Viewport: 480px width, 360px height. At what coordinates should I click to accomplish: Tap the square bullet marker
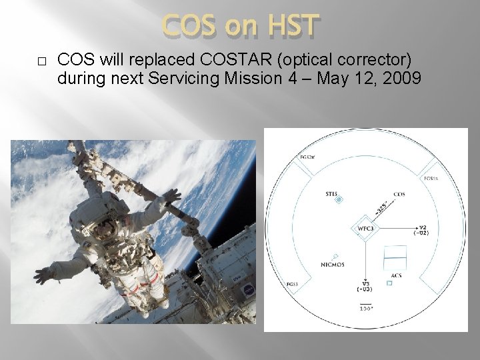pos(41,61)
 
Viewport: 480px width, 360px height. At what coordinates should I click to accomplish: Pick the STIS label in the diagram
pos(332,194)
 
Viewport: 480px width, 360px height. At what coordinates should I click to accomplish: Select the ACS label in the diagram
pos(395,275)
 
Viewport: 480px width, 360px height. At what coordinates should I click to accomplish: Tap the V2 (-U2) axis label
pos(421,229)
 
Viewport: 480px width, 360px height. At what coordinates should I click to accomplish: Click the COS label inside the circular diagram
pos(399,194)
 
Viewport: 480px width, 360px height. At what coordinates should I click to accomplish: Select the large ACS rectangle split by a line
pos(395,256)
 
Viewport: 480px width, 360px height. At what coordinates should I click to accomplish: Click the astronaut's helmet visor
pos(101,231)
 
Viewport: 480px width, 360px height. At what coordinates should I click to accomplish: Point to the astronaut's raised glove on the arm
pos(171,195)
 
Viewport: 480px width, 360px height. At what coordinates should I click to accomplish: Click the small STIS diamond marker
pos(338,200)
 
